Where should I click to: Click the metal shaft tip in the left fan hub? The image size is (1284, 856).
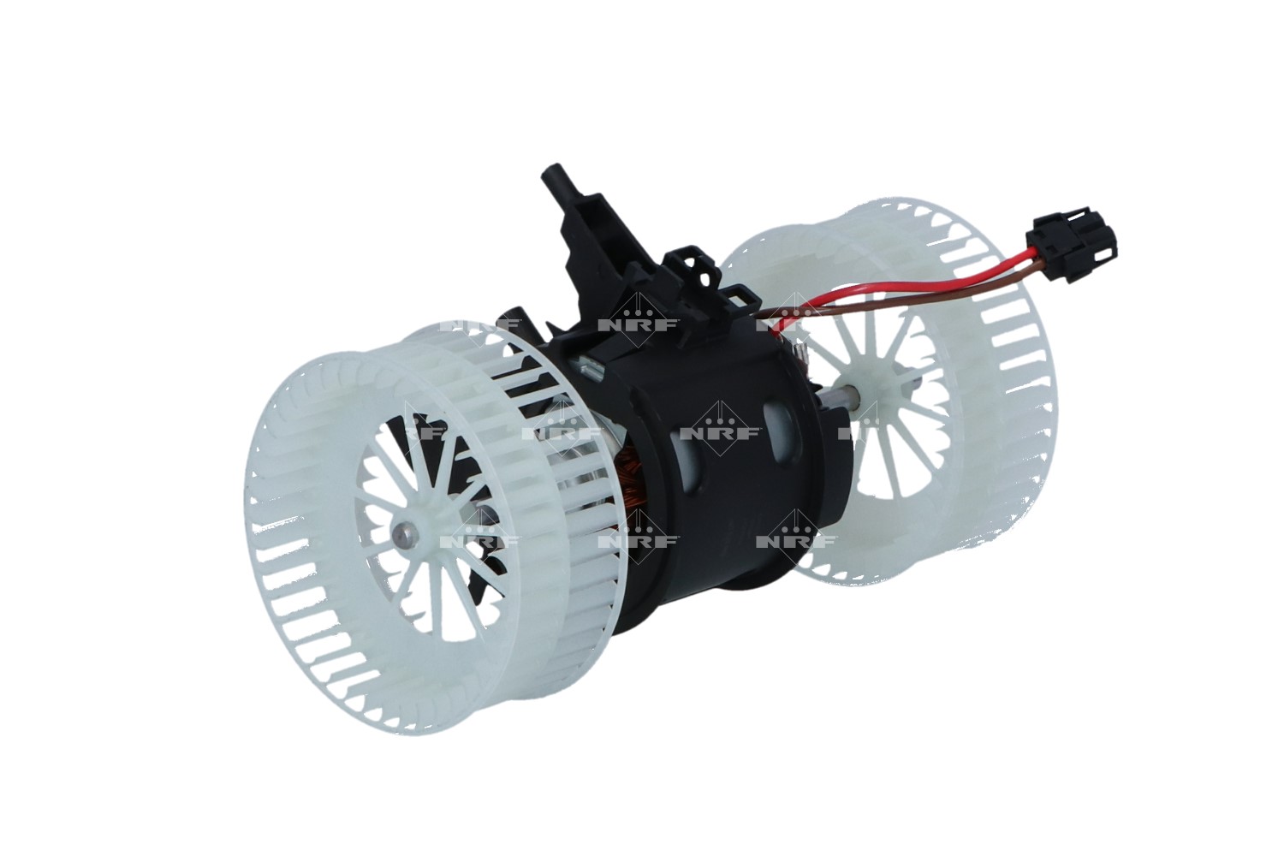click(x=402, y=536)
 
